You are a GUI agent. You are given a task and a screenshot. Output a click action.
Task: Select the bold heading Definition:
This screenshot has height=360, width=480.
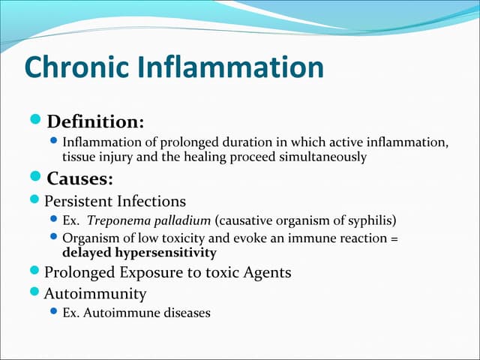click(x=95, y=121)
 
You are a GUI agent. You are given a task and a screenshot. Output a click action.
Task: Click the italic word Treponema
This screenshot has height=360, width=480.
click(x=113, y=222)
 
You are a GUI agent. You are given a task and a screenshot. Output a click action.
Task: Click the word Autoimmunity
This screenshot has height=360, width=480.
click(x=95, y=293)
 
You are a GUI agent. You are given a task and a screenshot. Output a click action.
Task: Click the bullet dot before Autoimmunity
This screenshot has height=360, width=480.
click(x=37, y=293)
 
